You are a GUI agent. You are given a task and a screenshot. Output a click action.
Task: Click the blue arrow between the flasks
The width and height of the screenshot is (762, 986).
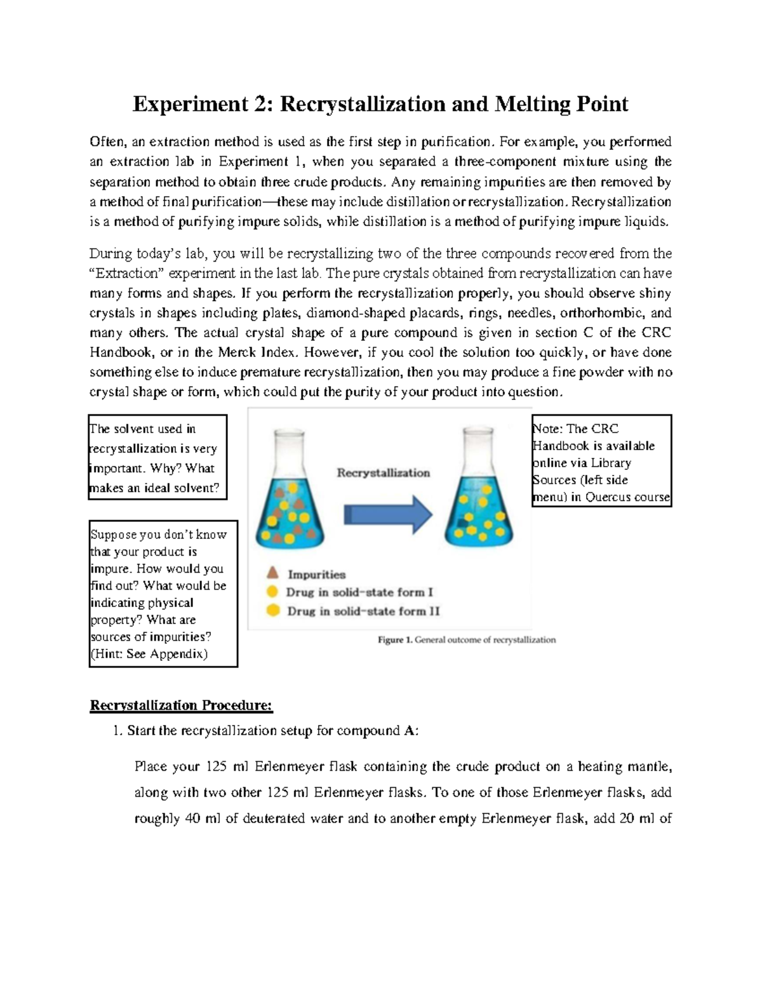(388, 514)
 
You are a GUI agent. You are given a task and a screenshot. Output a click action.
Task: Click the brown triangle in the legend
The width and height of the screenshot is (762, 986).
(272, 573)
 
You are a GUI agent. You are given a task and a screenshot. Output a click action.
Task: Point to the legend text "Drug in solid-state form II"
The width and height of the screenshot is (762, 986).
(363, 611)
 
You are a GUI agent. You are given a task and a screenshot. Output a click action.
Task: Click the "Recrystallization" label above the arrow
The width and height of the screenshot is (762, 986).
(383, 472)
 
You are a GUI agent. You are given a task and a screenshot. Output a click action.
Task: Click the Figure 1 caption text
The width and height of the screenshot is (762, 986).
(467, 640)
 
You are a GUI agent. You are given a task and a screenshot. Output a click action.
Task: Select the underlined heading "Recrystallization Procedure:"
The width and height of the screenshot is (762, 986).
(181, 705)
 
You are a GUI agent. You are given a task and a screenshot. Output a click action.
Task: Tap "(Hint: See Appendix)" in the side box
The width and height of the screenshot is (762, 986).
(149, 654)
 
